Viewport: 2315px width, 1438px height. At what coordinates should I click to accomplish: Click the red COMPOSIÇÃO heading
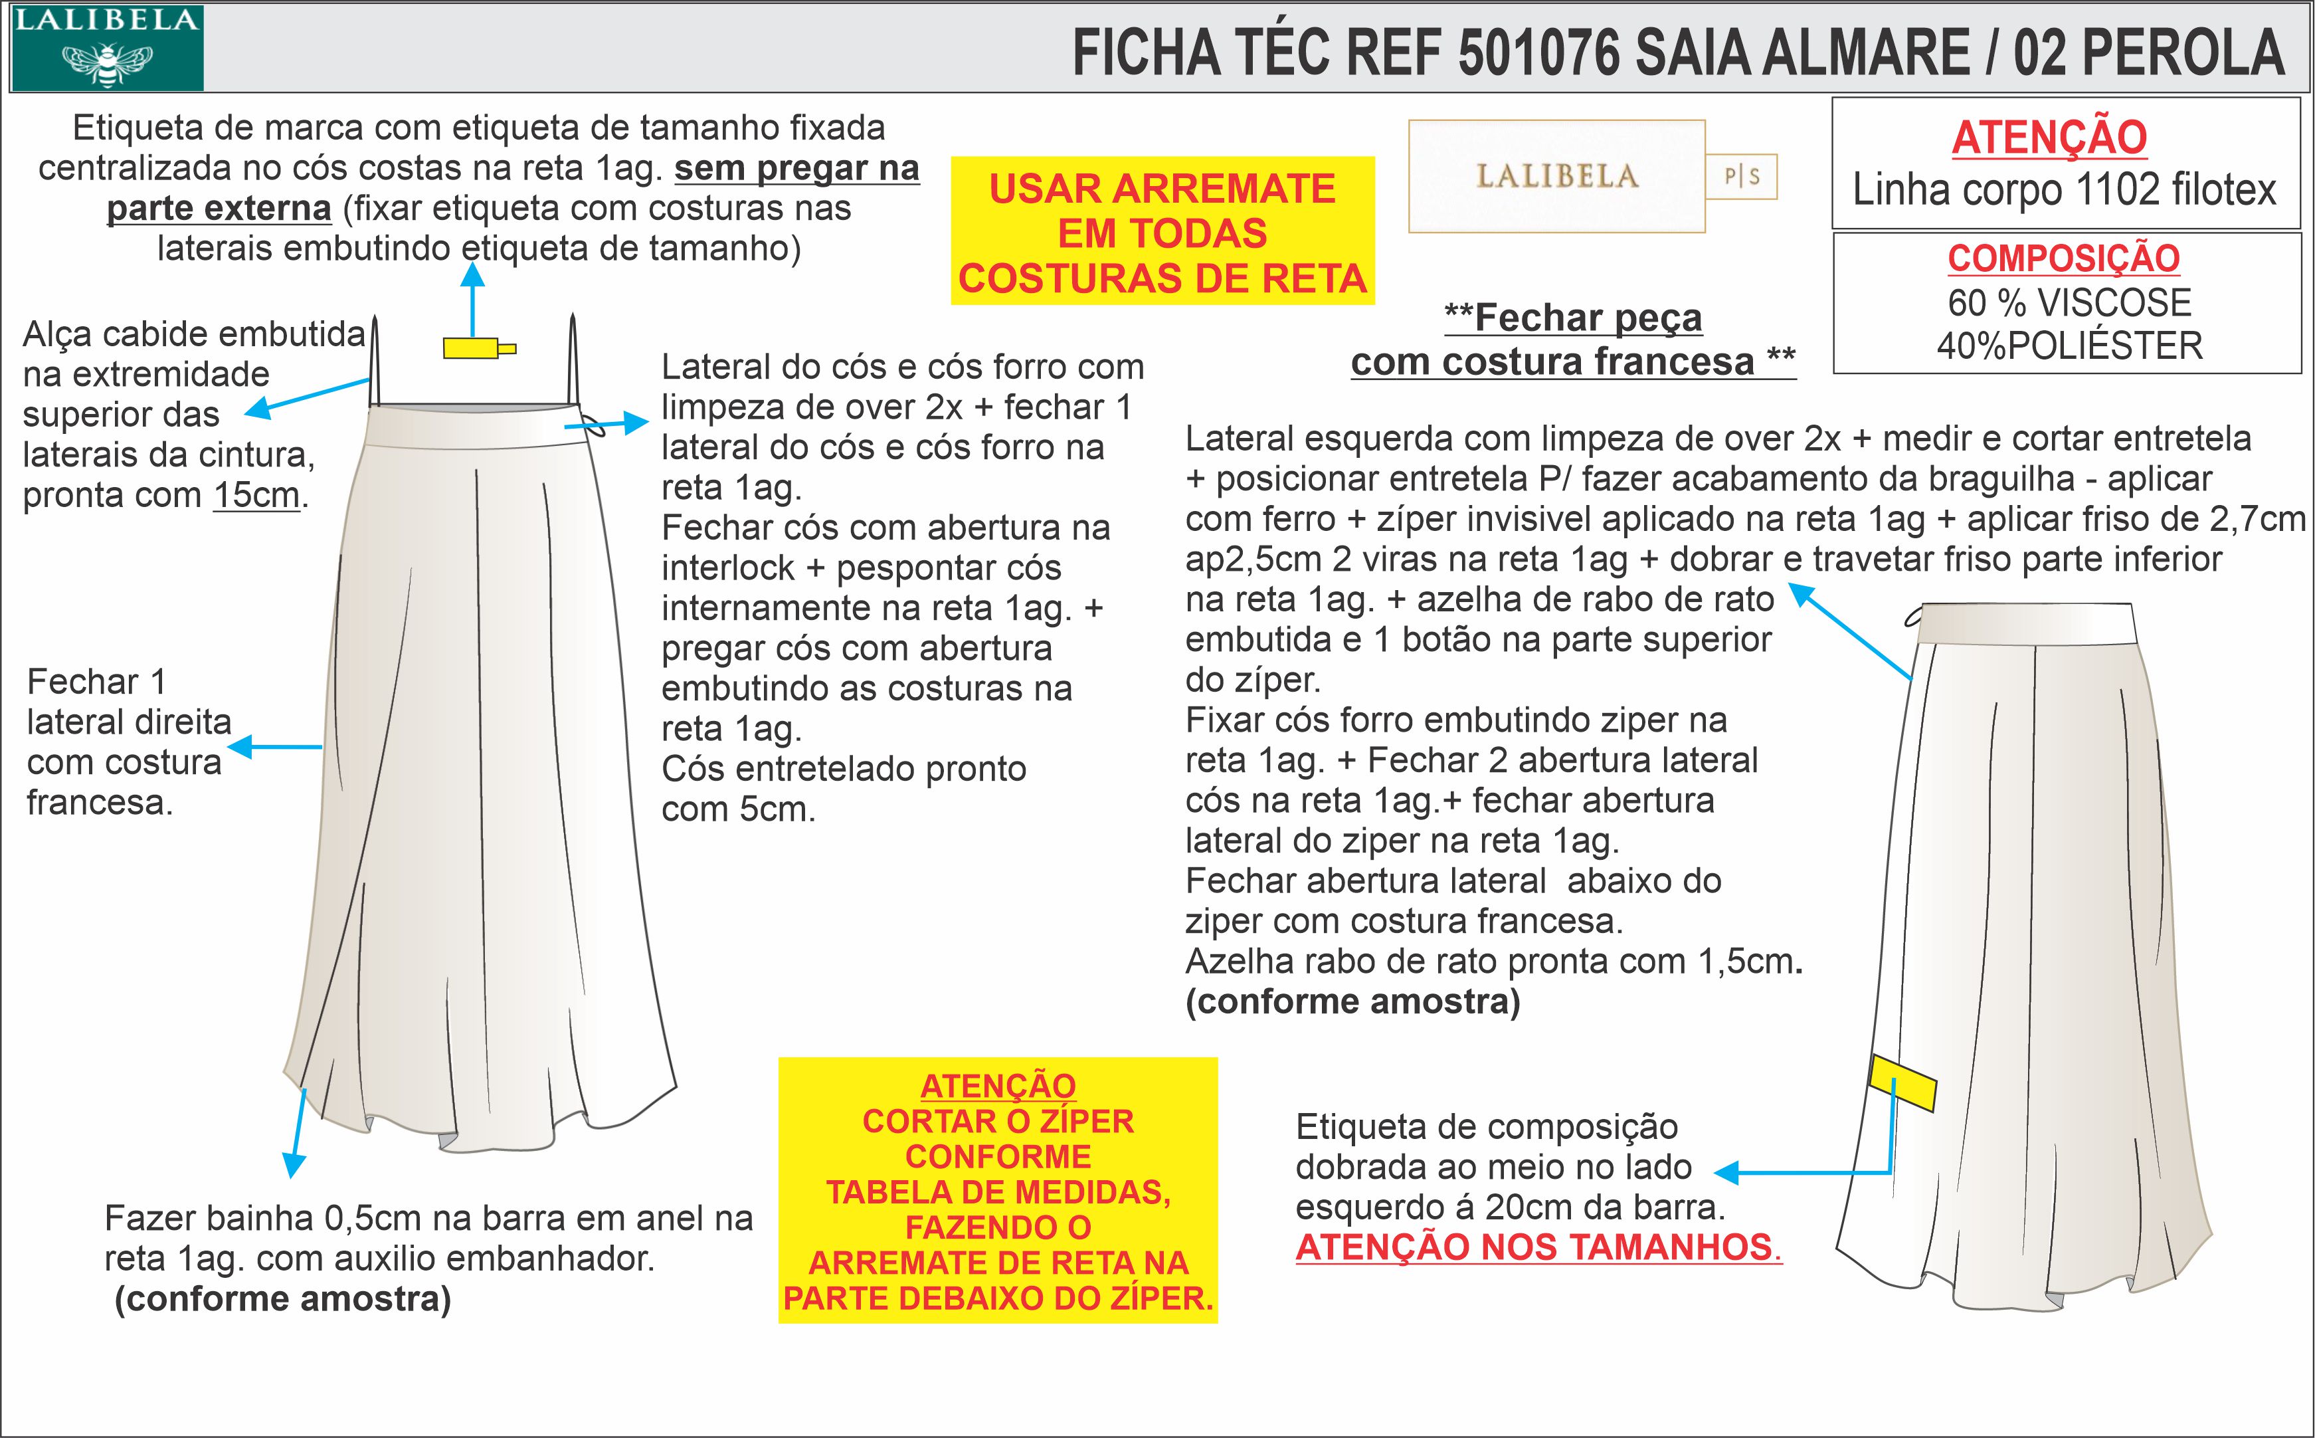click(2063, 258)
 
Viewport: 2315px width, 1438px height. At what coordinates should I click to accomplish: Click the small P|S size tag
click(1742, 177)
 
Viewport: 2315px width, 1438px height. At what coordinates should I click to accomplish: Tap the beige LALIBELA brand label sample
click(1556, 177)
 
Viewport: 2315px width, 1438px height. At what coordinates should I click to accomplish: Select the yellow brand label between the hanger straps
click(472, 348)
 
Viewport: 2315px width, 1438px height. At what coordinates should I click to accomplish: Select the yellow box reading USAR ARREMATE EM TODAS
click(1162, 231)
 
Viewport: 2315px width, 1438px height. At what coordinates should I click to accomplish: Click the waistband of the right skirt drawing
click(2025, 623)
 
